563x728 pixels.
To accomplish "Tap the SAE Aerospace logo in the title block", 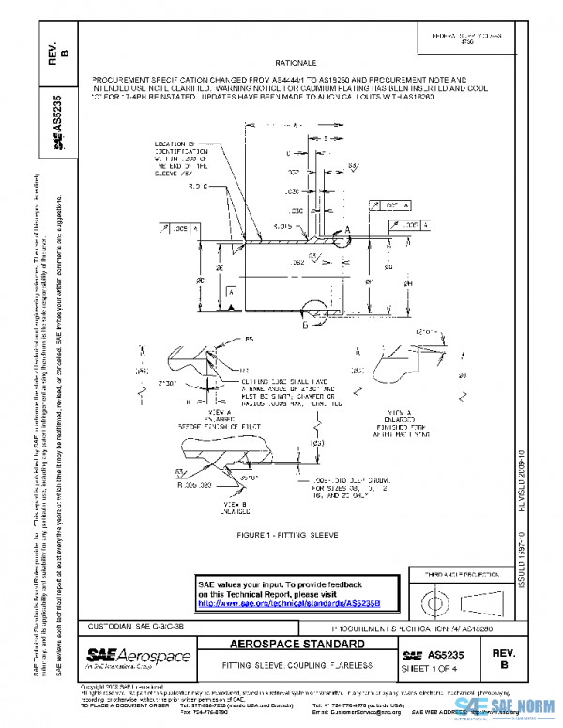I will click(x=138, y=656).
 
